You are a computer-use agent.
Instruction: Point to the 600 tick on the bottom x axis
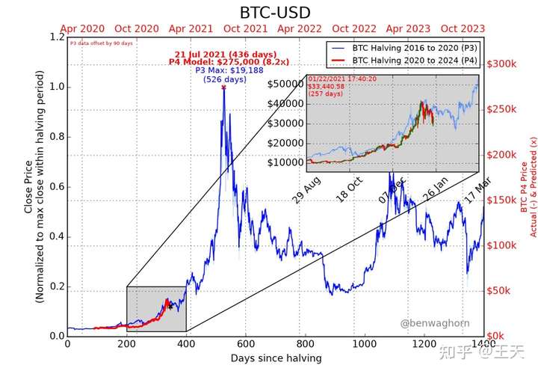(246, 344)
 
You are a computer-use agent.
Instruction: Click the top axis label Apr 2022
(299, 28)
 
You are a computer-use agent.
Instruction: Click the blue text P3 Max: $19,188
(225, 70)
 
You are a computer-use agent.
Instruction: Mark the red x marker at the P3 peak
(223, 88)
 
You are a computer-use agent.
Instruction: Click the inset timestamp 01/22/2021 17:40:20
(333, 77)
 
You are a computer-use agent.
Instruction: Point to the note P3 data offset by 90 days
(101, 43)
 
